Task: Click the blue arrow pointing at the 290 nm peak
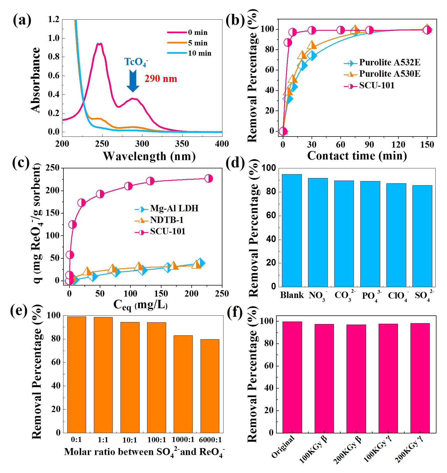(133, 81)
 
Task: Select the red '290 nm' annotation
(161, 79)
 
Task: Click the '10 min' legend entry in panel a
(199, 53)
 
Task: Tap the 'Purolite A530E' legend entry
(389, 74)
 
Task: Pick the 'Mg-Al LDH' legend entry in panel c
(174, 208)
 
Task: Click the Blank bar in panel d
(292, 230)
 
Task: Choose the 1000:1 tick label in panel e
(183, 439)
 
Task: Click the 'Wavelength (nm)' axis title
(149, 156)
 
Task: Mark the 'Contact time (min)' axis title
(357, 156)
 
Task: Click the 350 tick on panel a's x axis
(182, 144)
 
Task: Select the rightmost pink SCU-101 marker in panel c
(209, 179)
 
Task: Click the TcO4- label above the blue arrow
(136, 62)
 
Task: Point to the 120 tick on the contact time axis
(398, 144)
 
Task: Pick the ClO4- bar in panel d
(396, 235)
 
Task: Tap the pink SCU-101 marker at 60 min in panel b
(341, 30)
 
